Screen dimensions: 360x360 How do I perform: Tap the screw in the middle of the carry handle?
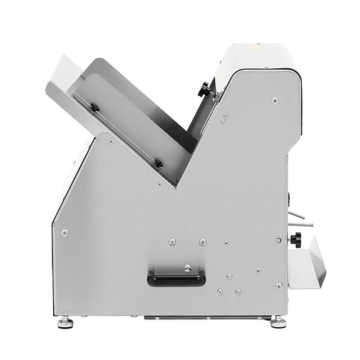187,269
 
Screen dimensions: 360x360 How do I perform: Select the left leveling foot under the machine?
64,323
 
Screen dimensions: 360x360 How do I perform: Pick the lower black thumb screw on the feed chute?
158,163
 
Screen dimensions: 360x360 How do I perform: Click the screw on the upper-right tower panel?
274,100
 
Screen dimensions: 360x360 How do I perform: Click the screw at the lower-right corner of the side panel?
279,286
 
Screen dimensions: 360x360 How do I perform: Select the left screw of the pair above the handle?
173,241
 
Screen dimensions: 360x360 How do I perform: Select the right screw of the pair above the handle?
202,242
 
